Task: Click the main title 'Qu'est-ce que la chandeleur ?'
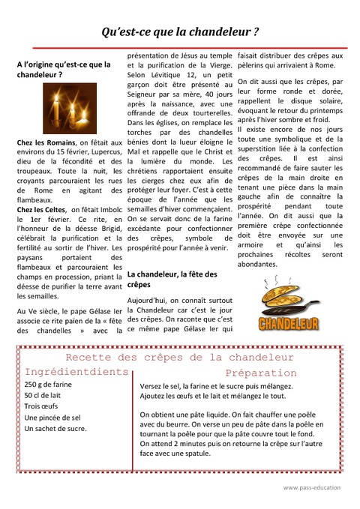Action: pos(180,31)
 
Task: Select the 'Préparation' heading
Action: pos(261,373)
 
